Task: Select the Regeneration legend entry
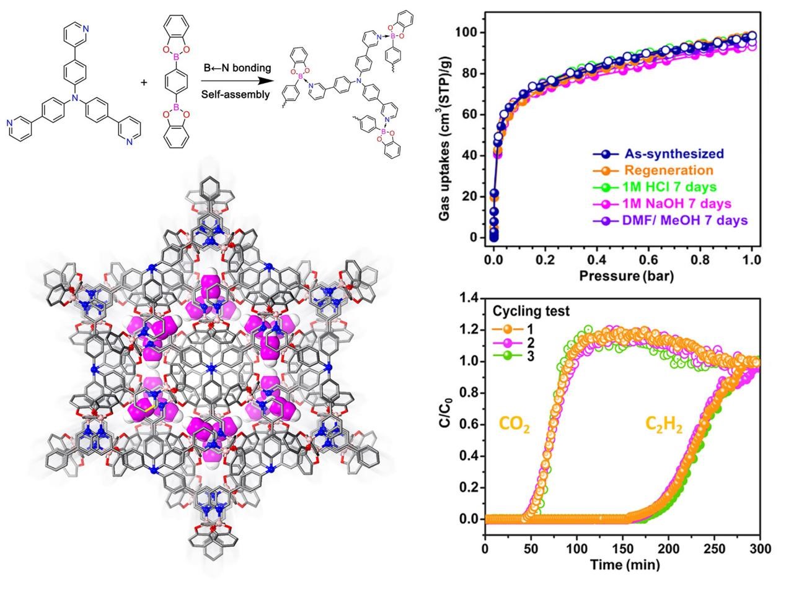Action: point(668,170)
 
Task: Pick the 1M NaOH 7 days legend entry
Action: point(678,204)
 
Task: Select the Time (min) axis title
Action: point(624,565)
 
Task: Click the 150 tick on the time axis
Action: point(622,549)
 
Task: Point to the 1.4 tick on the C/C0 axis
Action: point(469,298)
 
